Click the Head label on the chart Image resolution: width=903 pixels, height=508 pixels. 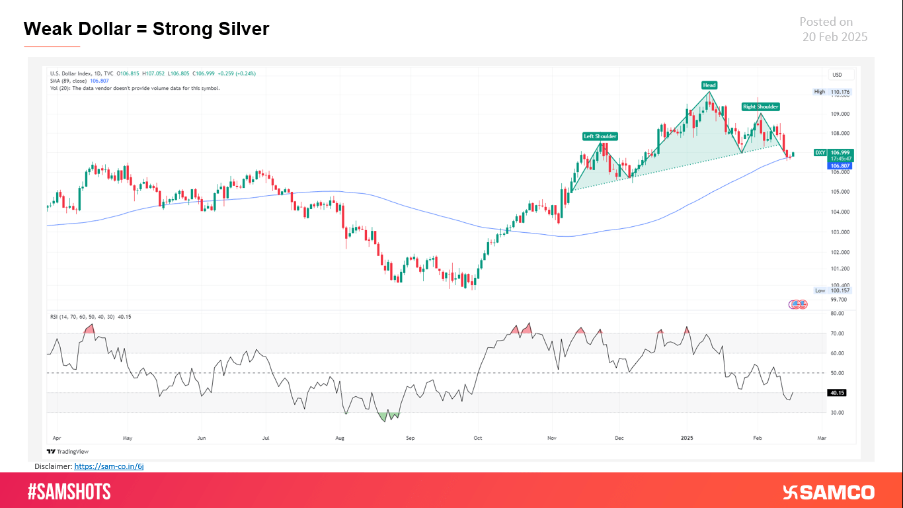point(709,85)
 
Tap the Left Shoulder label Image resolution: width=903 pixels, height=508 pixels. point(600,136)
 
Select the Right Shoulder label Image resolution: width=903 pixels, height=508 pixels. point(760,106)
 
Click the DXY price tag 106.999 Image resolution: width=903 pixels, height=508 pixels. point(839,152)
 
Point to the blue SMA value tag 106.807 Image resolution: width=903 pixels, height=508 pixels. point(839,166)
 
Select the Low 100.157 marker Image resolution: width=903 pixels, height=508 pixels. point(832,290)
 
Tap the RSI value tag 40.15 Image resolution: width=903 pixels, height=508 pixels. point(838,393)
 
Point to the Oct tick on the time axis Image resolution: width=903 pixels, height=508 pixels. point(478,438)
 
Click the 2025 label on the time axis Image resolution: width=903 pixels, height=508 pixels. point(687,438)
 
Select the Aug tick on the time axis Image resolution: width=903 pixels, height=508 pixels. point(340,438)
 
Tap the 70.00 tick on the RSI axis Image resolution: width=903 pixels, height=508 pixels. point(837,334)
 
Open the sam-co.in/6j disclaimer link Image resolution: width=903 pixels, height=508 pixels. point(109,466)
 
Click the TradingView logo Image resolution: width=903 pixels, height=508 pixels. point(67,452)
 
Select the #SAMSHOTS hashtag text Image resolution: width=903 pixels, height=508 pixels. point(69,491)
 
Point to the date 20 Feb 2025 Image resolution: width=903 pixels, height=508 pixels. point(834,37)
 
